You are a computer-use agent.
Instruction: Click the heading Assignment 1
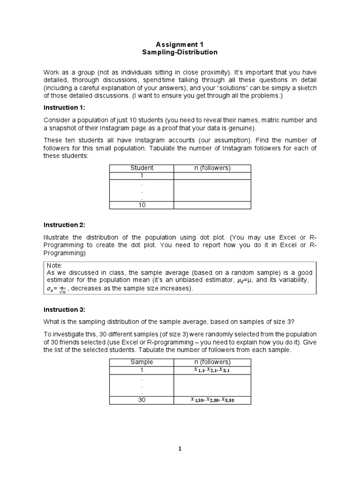[180, 44]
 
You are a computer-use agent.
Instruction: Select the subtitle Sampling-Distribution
[180, 52]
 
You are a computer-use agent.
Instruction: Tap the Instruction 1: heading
[64, 107]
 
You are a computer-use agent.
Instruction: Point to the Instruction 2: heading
[64, 225]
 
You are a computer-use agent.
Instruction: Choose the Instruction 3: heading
[64, 310]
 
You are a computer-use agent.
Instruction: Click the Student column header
[142, 168]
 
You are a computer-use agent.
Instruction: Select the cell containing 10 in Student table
[142, 205]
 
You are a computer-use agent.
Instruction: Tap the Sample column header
[142, 362]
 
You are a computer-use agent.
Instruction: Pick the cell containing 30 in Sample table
[142, 400]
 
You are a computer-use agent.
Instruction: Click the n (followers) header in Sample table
[212, 362]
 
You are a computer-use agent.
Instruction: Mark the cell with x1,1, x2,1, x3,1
[212, 370]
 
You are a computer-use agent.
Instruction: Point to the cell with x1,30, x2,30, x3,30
[212, 400]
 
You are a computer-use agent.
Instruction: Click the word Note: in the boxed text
[54, 265]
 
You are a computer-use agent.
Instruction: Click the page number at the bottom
[180, 449]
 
